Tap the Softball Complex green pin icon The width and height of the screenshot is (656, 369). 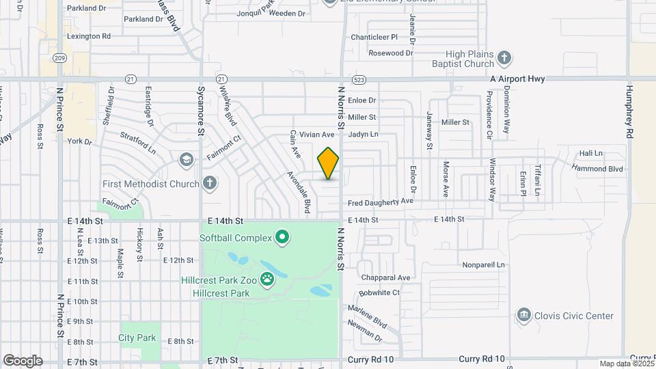pyautogui.click(x=282, y=238)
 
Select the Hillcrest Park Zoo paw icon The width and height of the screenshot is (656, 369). pyautogui.click(x=268, y=279)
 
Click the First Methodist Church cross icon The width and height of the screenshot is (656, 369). pyautogui.click(x=210, y=183)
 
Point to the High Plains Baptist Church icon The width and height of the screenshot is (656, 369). pyautogui.click(x=504, y=57)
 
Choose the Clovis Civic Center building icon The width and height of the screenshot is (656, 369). pyautogui.click(x=524, y=315)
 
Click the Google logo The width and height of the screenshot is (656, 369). pyautogui.click(x=23, y=360)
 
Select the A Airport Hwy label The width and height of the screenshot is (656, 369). pyautogui.click(x=517, y=79)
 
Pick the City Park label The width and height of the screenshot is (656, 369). pyautogui.click(x=137, y=338)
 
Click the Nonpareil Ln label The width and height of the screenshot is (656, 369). pyautogui.click(x=483, y=264)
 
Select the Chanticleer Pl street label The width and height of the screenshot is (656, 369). pyautogui.click(x=374, y=37)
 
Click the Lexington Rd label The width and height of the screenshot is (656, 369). pyautogui.click(x=89, y=36)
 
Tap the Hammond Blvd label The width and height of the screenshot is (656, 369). pyautogui.click(x=597, y=168)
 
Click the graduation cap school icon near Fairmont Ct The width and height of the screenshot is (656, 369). pyautogui.click(x=186, y=160)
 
